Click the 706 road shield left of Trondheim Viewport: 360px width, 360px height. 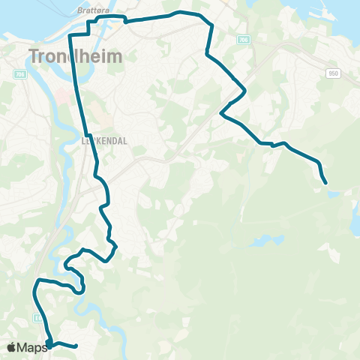(19, 74)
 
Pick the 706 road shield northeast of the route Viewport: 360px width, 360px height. (241, 39)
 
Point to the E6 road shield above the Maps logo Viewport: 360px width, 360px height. (37, 318)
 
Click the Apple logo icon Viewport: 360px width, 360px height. (13, 347)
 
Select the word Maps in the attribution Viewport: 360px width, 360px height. (34, 347)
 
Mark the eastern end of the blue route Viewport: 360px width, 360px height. (325, 182)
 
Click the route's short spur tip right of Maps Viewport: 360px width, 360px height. (76, 346)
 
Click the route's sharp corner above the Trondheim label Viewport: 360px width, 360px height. (70, 36)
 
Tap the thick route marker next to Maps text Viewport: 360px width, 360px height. (49, 343)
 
